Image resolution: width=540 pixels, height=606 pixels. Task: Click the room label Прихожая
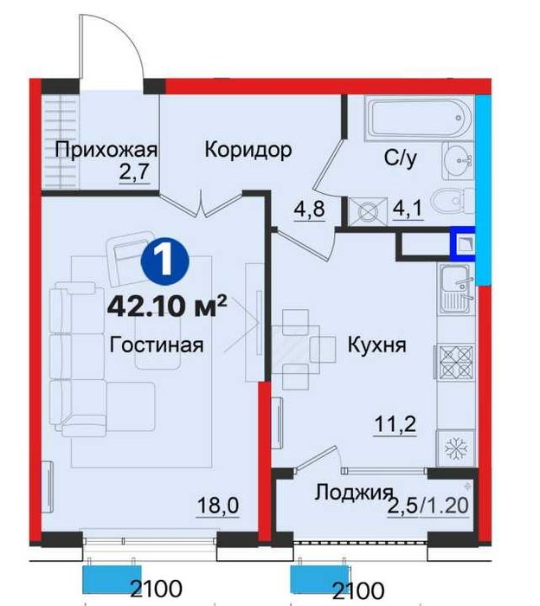click(x=106, y=149)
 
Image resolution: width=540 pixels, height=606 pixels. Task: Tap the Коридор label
click(x=247, y=149)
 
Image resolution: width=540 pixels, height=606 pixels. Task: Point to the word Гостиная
click(x=157, y=345)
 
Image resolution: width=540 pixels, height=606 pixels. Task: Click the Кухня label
click(x=376, y=345)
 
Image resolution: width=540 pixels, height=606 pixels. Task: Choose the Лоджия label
click(x=349, y=493)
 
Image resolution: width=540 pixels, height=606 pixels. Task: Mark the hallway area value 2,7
click(x=135, y=170)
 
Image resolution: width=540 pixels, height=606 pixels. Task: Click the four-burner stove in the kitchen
click(x=454, y=359)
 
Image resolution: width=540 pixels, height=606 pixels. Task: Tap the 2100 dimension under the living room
click(x=157, y=592)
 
